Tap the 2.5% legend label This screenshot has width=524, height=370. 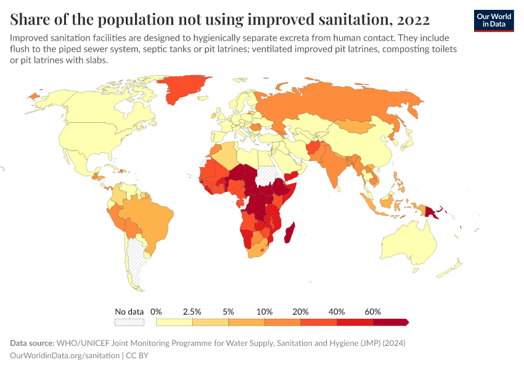click(x=192, y=311)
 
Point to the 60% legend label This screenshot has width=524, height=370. click(x=372, y=311)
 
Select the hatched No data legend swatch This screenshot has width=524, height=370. click(x=129, y=322)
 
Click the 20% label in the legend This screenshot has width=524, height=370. click(x=300, y=311)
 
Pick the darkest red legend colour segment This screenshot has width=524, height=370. click(x=390, y=322)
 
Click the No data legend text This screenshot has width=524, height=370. click(x=129, y=311)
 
